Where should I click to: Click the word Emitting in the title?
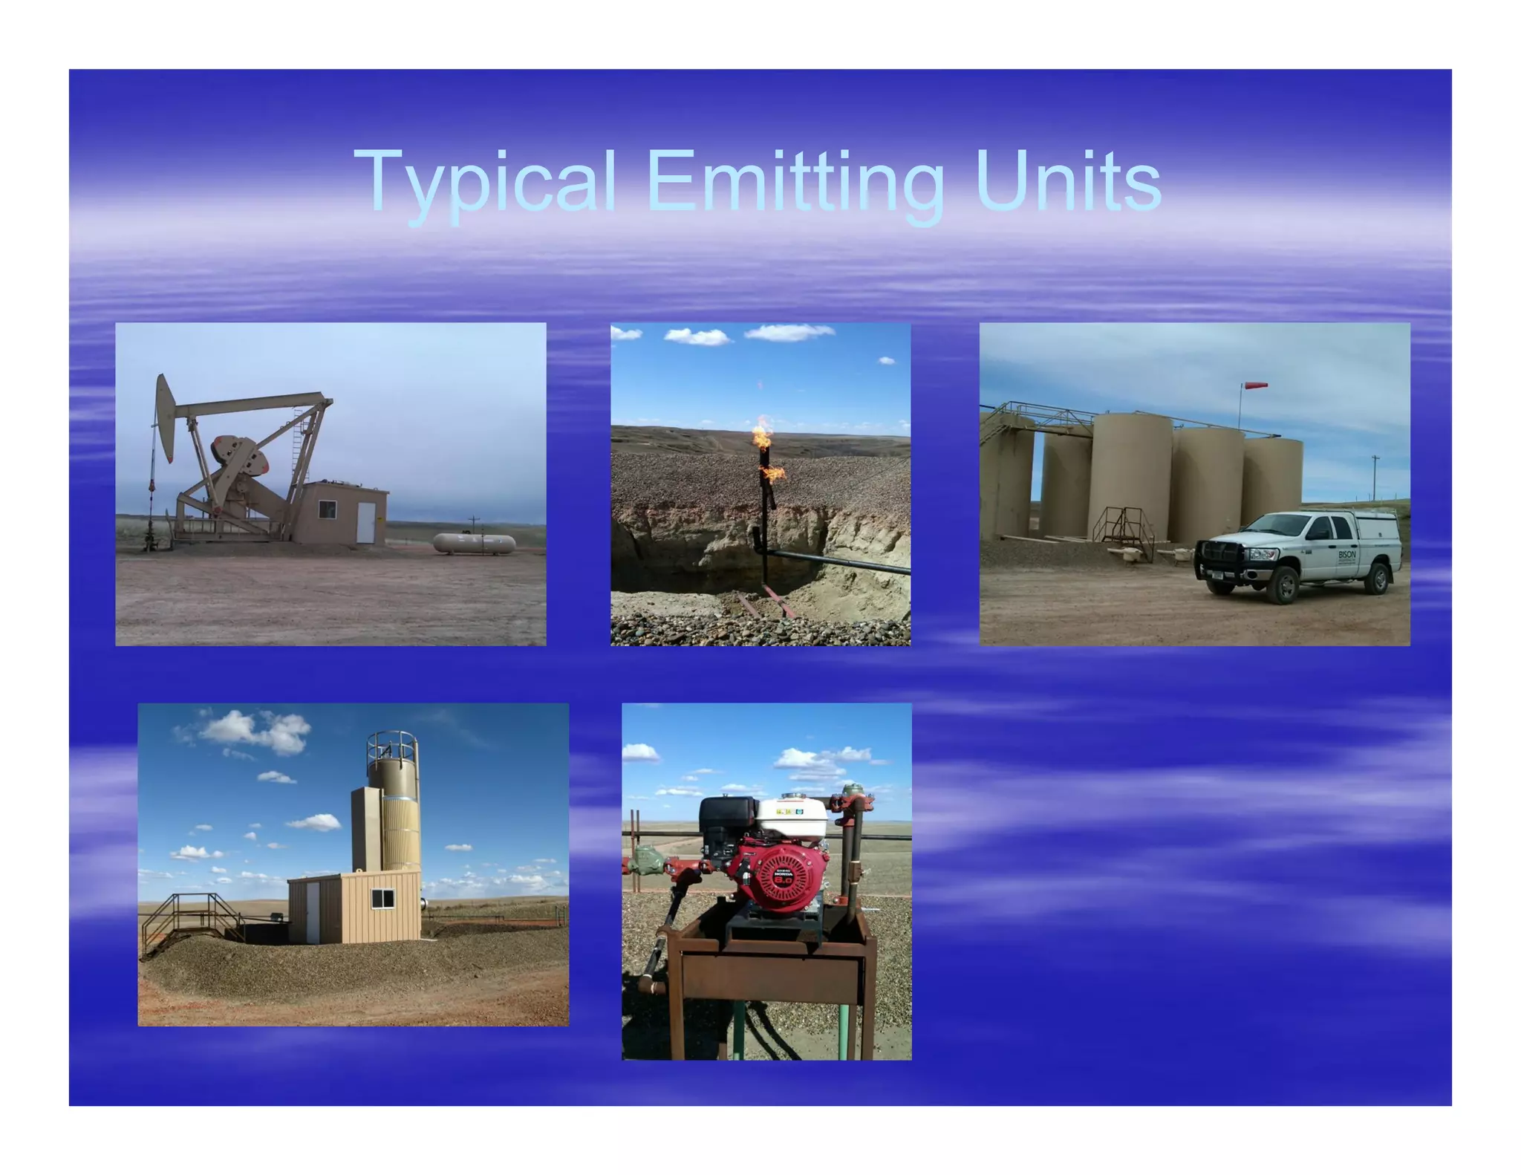[795, 181]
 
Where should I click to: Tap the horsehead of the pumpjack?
[164, 416]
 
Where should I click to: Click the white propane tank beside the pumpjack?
[474, 544]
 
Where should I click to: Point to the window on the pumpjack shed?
[327, 510]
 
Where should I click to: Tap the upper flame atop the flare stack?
[762, 434]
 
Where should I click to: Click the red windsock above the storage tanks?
[1254, 386]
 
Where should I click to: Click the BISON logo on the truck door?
[1346, 556]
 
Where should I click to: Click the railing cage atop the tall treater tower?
[392, 745]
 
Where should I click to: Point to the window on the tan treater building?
[382, 899]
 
